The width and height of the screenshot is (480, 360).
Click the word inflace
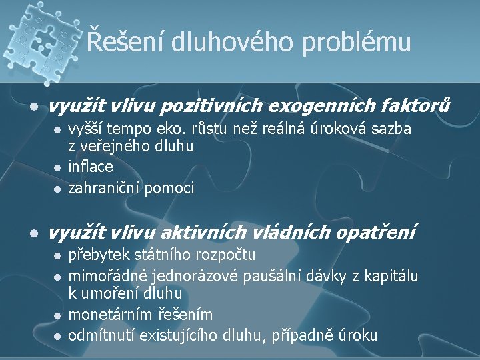click(x=91, y=167)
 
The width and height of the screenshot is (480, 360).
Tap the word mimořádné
click(x=107, y=275)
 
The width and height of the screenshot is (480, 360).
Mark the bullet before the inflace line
click(x=58, y=167)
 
